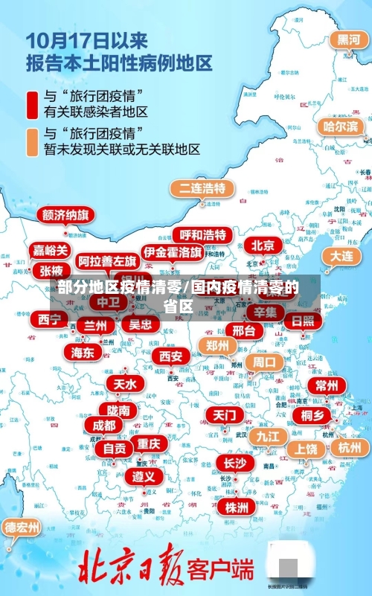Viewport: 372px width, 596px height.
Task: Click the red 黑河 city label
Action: tap(348, 39)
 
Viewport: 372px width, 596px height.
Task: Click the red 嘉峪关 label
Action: tap(49, 250)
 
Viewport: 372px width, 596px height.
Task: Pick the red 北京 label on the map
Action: tap(263, 245)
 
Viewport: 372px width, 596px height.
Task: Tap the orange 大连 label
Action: tap(341, 255)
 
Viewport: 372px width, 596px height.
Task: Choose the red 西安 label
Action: tap(171, 357)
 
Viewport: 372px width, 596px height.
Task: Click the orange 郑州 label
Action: tap(217, 345)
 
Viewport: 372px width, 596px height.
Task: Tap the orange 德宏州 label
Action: tap(22, 528)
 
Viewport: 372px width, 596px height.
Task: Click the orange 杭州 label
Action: tap(349, 447)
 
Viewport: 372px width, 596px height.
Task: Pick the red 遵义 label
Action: tap(144, 475)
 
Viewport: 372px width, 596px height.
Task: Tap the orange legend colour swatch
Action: tap(33, 141)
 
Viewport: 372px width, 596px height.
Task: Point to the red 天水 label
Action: tap(124, 384)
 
